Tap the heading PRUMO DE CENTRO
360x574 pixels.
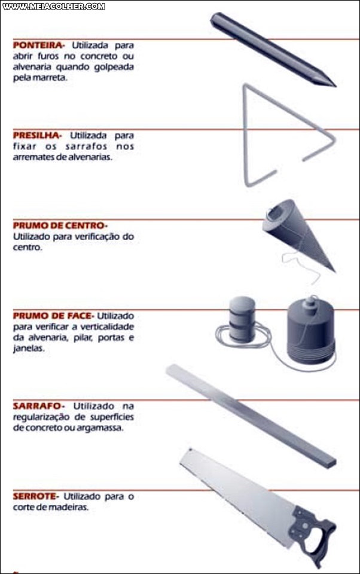(x=59, y=225)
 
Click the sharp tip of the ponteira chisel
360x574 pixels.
(x=333, y=84)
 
